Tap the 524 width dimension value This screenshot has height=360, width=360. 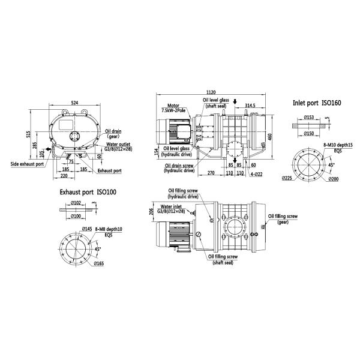(x=74, y=103)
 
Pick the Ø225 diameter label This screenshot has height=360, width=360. (x=286, y=178)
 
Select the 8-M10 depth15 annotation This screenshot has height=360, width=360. (x=338, y=145)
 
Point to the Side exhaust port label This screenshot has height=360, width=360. (x=26, y=163)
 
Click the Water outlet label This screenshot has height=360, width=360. (x=119, y=144)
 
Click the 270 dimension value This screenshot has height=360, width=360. (x=210, y=173)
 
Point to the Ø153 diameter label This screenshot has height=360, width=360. (x=310, y=118)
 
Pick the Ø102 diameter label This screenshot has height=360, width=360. (x=77, y=204)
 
